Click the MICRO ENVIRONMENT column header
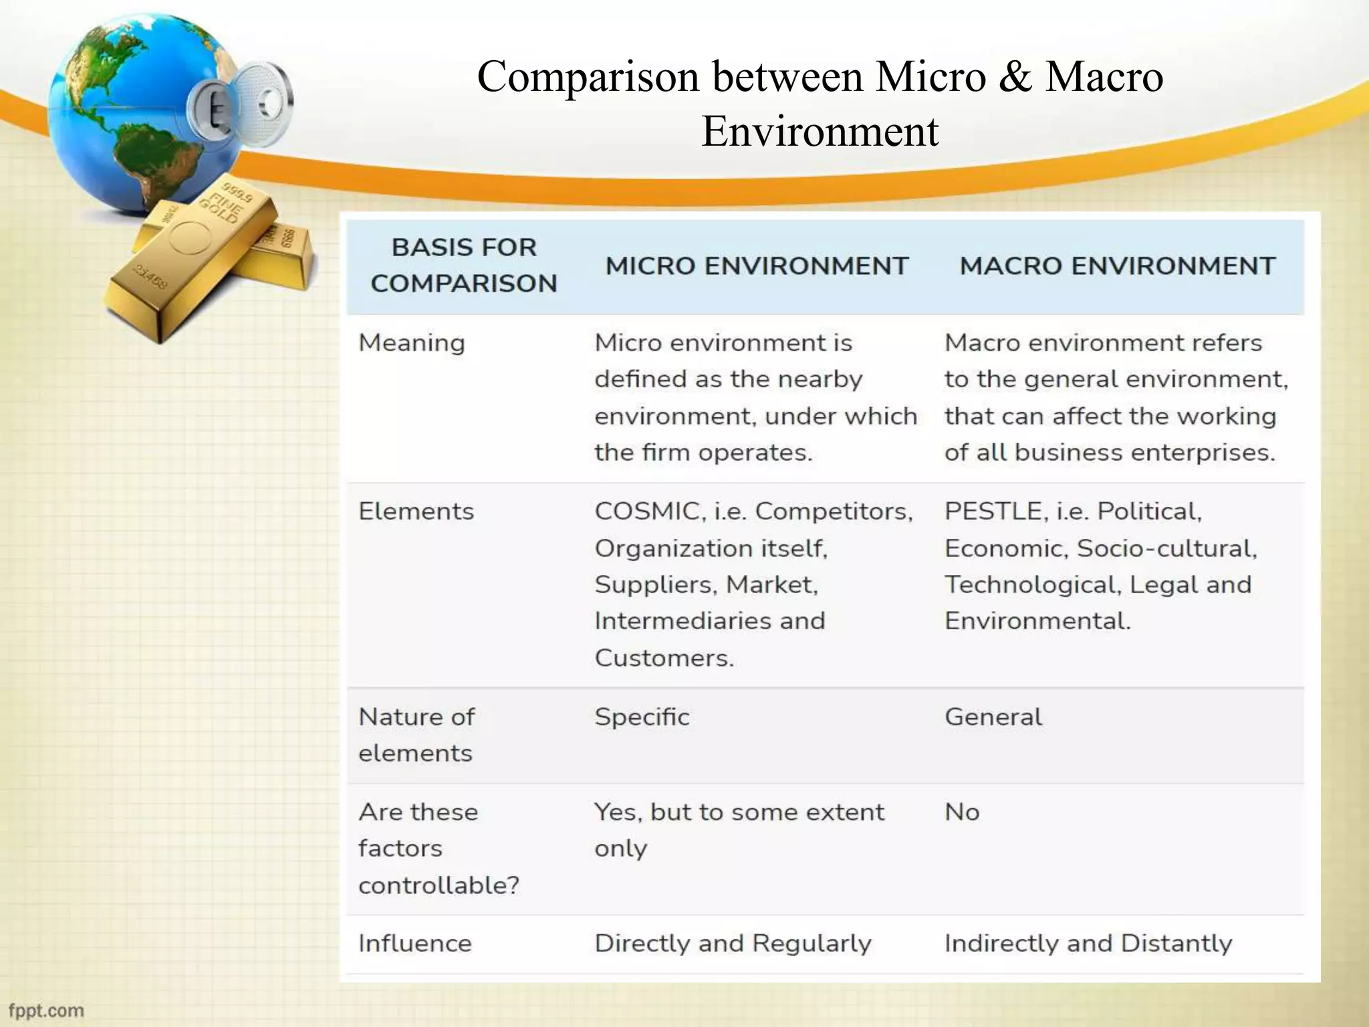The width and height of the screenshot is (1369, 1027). pyautogui.click(x=757, y=266)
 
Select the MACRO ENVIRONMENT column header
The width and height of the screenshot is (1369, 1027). pyautogui.click(x=1117, y=266)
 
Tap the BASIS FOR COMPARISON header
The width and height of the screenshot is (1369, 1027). pyautogui.click(x=464, y=265)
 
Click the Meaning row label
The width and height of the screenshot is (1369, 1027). pyautogui.click(x=412, y=343)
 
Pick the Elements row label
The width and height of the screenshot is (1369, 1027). pyautogui.click(x=416, y=511)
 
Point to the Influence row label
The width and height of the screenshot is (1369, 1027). pyautogui.click(x=415, y=943)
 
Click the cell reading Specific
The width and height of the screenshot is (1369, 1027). pyautogui.click(x=642, y=717)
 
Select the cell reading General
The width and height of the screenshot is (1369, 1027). pyautogui.click(x=993, y=717)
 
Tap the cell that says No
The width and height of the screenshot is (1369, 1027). pyautogui.click(x=962, y=812)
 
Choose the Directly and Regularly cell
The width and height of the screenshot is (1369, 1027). pyautogui.click(x=733, y=943)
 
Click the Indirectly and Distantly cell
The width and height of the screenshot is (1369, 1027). pyautogui.click(x=1088, y=943)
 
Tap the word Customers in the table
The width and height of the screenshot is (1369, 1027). pyautogui.click(x=663, y=658)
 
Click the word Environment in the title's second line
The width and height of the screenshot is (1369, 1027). pyautogui.click(x=820, y=131)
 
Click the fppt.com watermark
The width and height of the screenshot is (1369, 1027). pyautogui.click(x=46, y=1010)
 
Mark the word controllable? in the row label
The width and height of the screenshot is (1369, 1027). pyautogui.click(x=439, y=885)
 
